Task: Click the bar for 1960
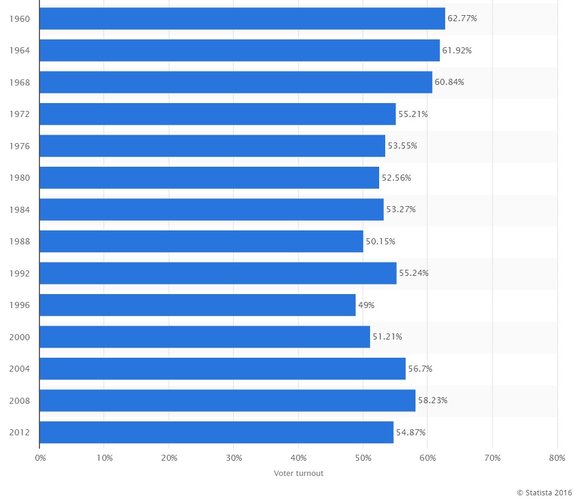pyautogui.click(x=242, y=18)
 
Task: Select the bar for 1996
pyautogui.click(x=197, y=305)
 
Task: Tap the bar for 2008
pyautogui.click(x=227, y=400)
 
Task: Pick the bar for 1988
pyautogui.click(x=201, y=241)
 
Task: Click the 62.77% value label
pyautogui.click(x=462, y=18)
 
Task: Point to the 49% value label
pyautogui.click(x=366, y=305)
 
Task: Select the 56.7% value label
pyautogui.click(x=420, y=369)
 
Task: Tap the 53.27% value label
pyautogui.click(x=401, y=209)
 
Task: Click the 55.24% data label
pyautogui.click(x=414, y=273)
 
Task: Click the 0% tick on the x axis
pyautogui.click(x=40, y=458)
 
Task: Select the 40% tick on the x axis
pyautogui.click(x=299, y=458)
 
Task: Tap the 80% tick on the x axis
pyautogui.click(x=557, y=458)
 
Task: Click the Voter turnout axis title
pyautogui.click(x=299, y=474)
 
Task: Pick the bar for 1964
pyautogui.click(x=240, y=50)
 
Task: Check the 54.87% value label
pyautogui.click(x=411, y=432)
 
